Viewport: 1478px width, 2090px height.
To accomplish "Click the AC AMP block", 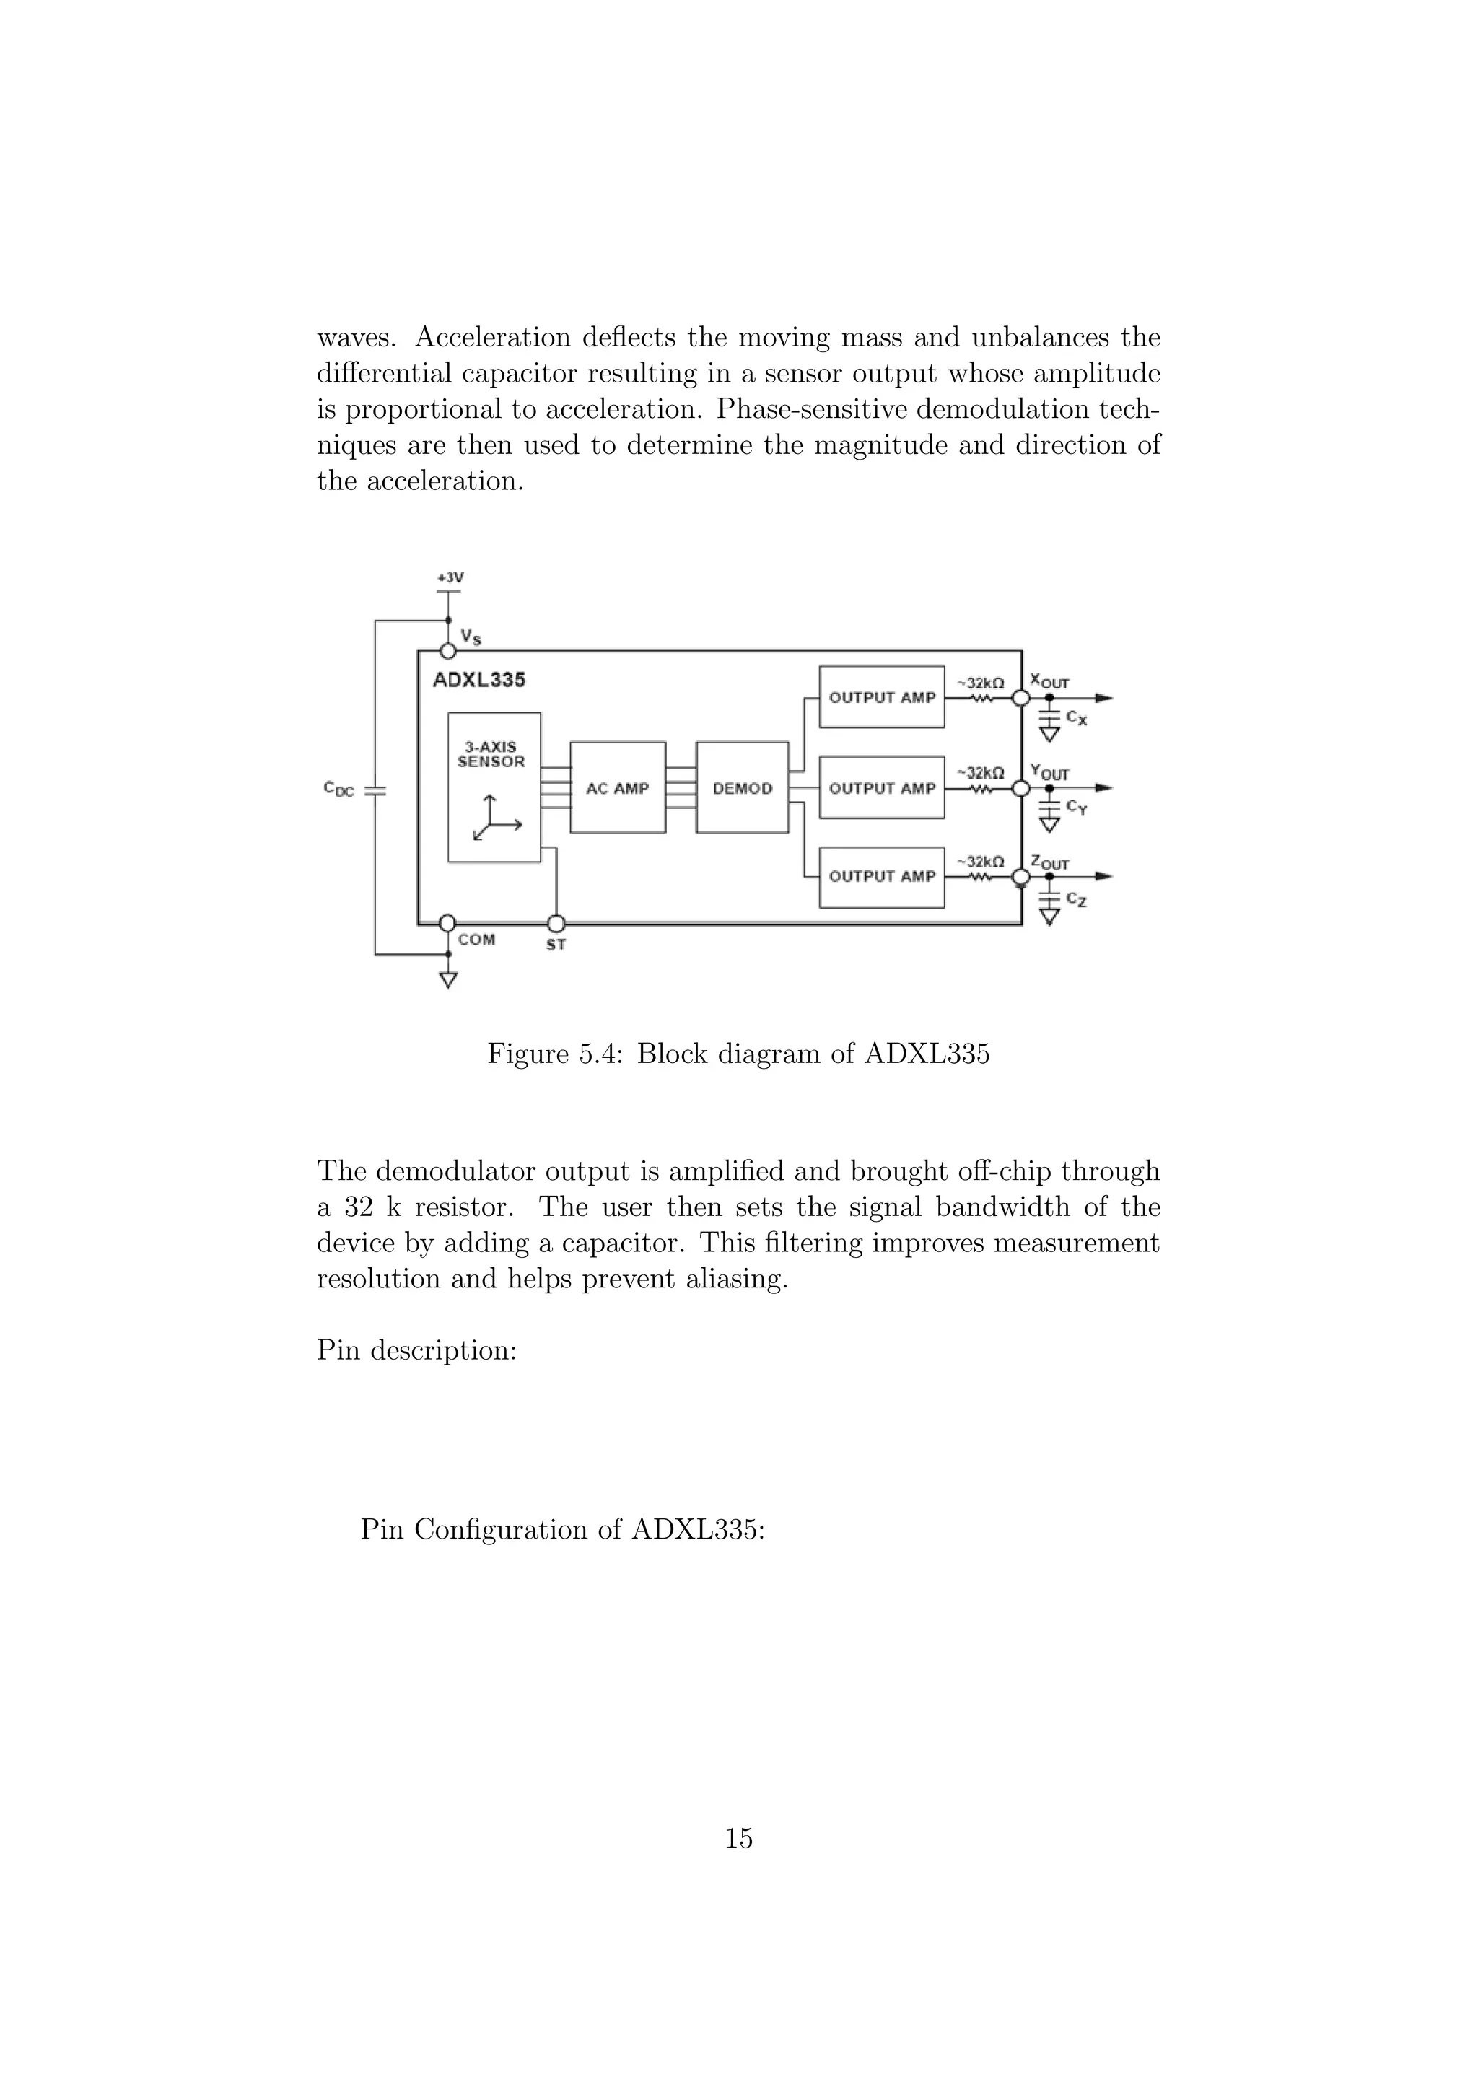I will [617, 787].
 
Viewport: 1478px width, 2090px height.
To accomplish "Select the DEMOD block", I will [742, 787].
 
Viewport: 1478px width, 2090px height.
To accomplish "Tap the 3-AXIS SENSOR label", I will [491, 755].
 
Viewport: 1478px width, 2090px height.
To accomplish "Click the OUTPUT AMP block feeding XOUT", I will [881, 697].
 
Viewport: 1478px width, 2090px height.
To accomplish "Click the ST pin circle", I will [556, 923].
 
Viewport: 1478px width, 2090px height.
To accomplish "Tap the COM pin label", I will [476, 940].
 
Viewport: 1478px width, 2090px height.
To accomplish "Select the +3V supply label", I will [450, 577].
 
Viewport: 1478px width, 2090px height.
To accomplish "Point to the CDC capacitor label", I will [338, 790].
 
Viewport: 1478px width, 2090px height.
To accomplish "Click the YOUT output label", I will [1049, 772].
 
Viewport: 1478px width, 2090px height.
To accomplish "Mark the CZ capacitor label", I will [1076, 899].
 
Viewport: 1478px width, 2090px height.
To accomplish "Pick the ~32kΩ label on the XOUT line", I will [980, 683].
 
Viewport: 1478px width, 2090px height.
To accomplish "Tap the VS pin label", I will [471, 637].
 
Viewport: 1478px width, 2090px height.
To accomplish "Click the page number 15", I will [738, 1838].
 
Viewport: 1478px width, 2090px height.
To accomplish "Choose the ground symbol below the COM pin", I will [447, 979].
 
